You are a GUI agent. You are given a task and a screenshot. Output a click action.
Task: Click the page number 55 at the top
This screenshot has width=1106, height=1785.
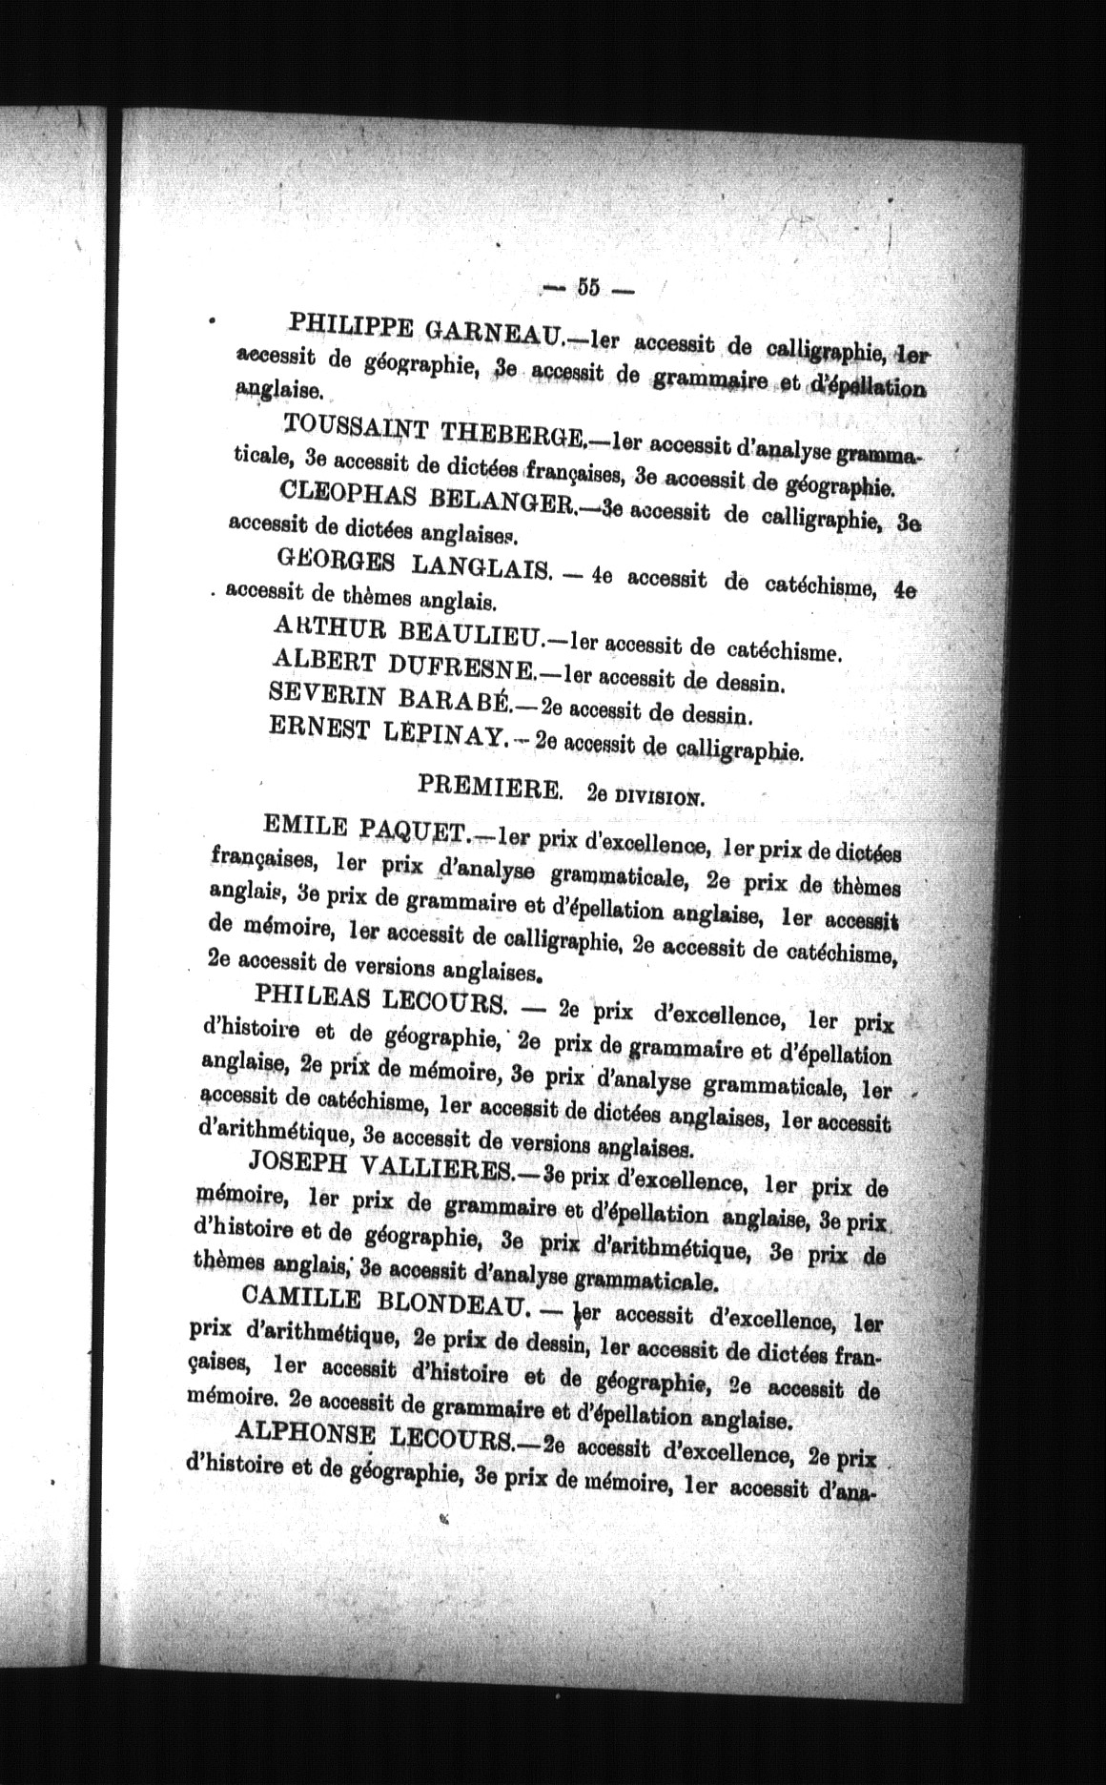(x=587, y=287)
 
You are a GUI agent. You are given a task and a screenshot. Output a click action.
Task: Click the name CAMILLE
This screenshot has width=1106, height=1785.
(x=300, y=1299)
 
